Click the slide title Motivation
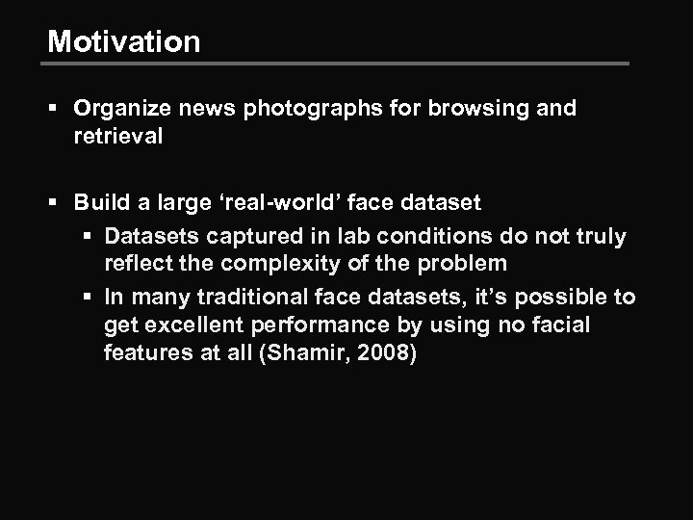coord(124,41)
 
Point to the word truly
coord(600,235)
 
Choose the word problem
coord(462,265)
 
